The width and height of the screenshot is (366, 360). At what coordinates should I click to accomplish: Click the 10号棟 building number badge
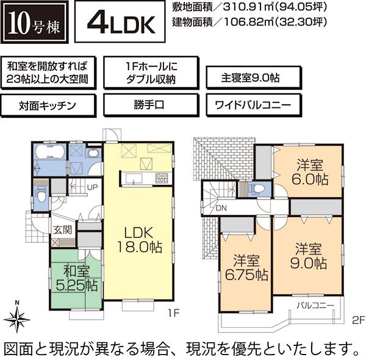tap(34, 24)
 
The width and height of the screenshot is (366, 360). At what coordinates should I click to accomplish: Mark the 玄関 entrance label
tap(62, 230)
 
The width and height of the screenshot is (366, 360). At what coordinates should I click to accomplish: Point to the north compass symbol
tap(18, 316)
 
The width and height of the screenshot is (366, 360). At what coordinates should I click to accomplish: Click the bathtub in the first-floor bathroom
tap(49, 153)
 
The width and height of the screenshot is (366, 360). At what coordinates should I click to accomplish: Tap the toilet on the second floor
tap(259, 188)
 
